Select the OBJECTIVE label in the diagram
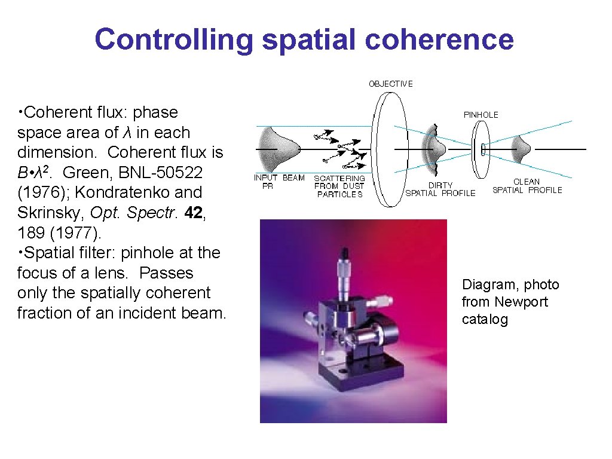[x=390, y=84]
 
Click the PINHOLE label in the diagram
[x=481, y=114]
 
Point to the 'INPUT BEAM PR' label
[x=279, y=182]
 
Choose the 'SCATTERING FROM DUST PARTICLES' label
[x=339, y=186]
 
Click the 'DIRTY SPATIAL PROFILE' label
[x=440, y=189]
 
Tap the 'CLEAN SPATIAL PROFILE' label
[x=527, y=186]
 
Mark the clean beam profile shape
[x=522, y=148]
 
